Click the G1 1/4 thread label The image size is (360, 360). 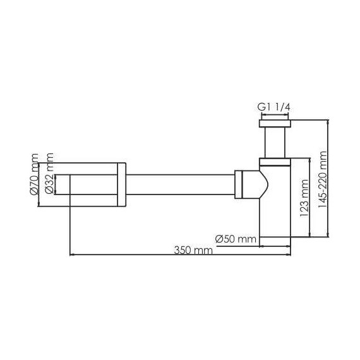pos(274,107)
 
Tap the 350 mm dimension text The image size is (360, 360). pos(194,250)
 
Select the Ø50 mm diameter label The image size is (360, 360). pos(235,239)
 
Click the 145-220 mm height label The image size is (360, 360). pos(323,179)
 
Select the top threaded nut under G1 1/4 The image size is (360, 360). pos(274,123)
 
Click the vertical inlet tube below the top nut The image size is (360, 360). pos(274,141)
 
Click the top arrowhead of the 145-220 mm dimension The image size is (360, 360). pos(328,121)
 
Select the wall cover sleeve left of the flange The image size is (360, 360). pos(92,184)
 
